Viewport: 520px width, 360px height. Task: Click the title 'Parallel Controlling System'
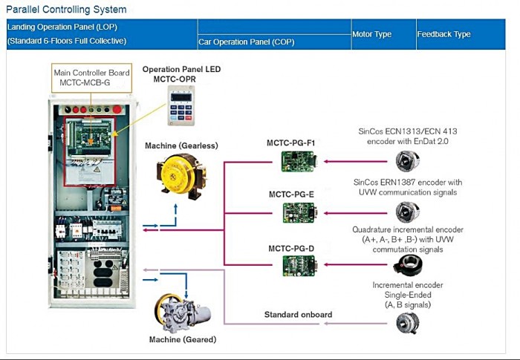click(x=66, y=10)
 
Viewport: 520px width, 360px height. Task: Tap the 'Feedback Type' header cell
click(x=443, y=34)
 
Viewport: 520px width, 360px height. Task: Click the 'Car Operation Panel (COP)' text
click(x=247, y=42)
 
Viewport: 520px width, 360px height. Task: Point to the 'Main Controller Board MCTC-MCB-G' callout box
click(x=91, y=78)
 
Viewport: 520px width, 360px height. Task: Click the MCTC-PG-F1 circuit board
click(x=299, y=160)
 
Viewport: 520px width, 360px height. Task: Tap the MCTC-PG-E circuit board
click(x=299, y=213)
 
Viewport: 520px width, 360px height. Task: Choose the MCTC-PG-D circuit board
click(x=299, y=265)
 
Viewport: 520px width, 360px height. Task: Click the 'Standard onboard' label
click(x=298, y=315)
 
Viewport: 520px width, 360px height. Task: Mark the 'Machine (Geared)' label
click(x=182, y=340)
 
